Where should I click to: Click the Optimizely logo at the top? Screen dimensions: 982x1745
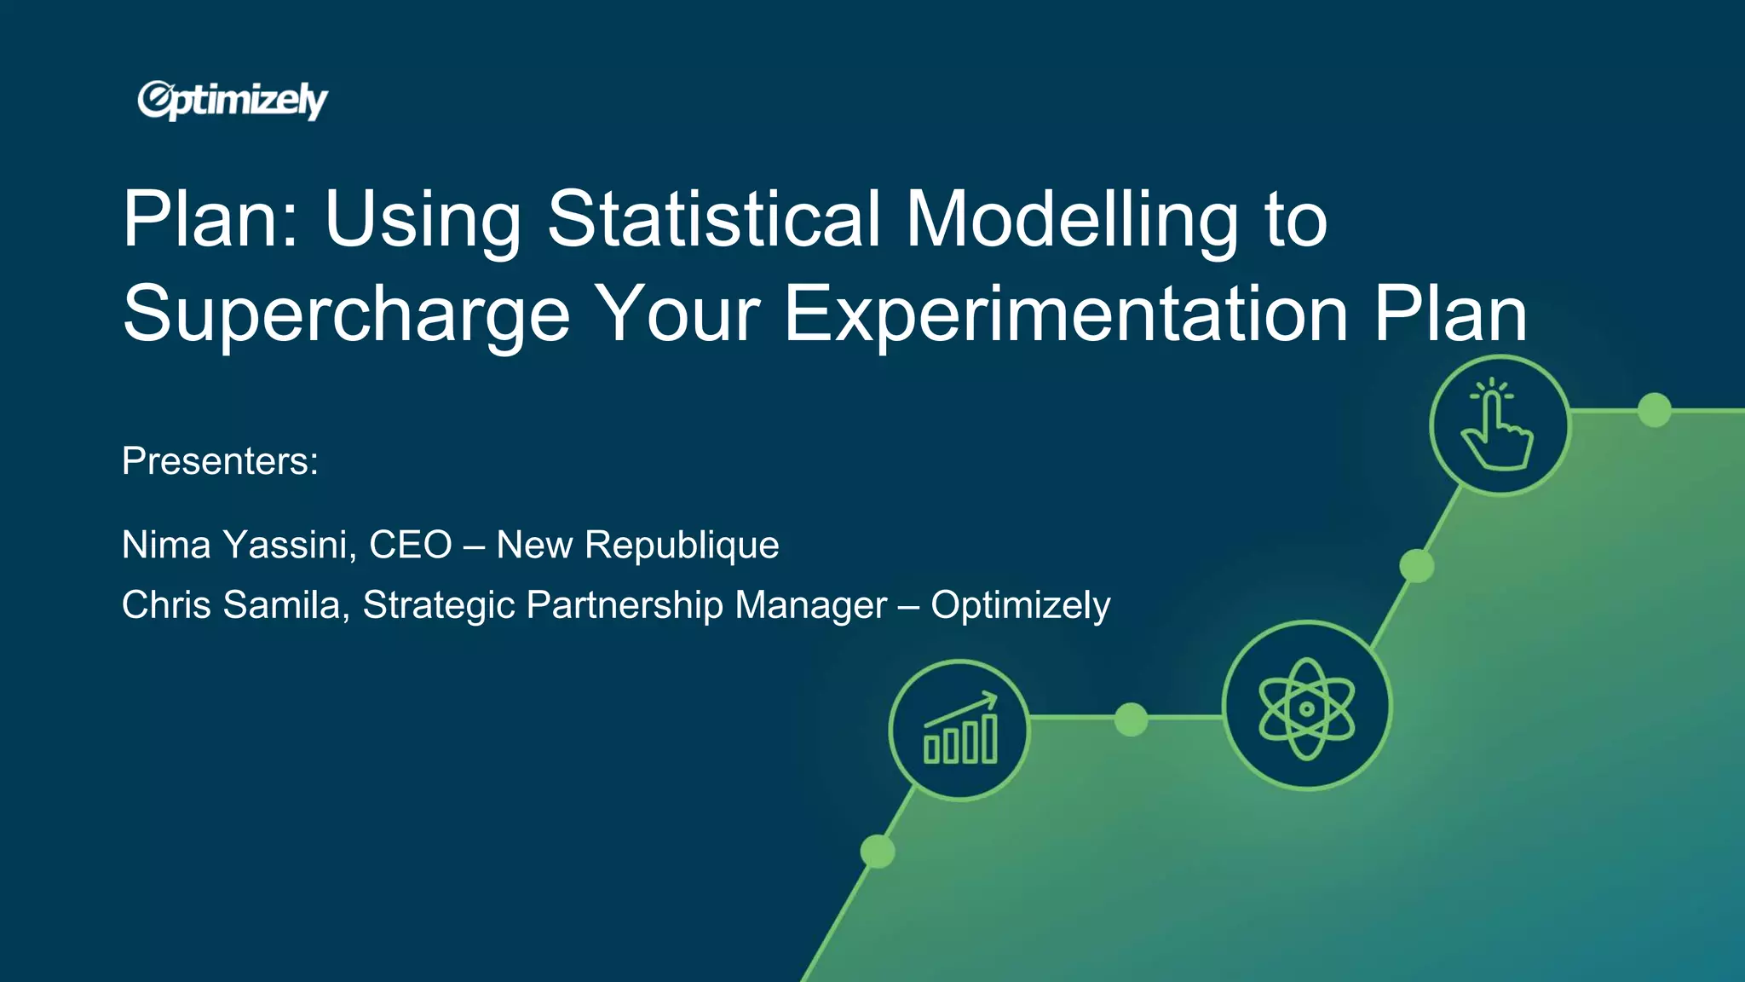point(233,101)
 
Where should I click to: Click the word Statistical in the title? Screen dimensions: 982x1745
point(713,219)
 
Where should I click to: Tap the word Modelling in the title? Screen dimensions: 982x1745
point(1071,219)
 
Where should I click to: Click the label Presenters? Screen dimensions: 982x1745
point(220,461)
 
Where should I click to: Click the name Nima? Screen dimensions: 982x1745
point(166,545)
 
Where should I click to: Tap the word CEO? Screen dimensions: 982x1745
point(410,545)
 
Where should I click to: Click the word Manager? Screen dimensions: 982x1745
point(810,605)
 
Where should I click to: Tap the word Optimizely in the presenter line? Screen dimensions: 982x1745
point(1020,605)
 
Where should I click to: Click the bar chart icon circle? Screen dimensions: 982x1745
point(959,730)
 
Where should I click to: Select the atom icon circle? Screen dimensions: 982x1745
point(1306,706)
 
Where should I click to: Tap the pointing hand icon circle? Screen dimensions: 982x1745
point(1500,425)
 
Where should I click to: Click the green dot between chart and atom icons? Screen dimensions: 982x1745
point(1131,719)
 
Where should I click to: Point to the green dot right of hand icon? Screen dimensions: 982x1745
point(1654,410)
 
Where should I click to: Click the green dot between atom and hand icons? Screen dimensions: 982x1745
point(1416,565)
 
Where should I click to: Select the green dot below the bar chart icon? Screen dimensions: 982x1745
point(878,851)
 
